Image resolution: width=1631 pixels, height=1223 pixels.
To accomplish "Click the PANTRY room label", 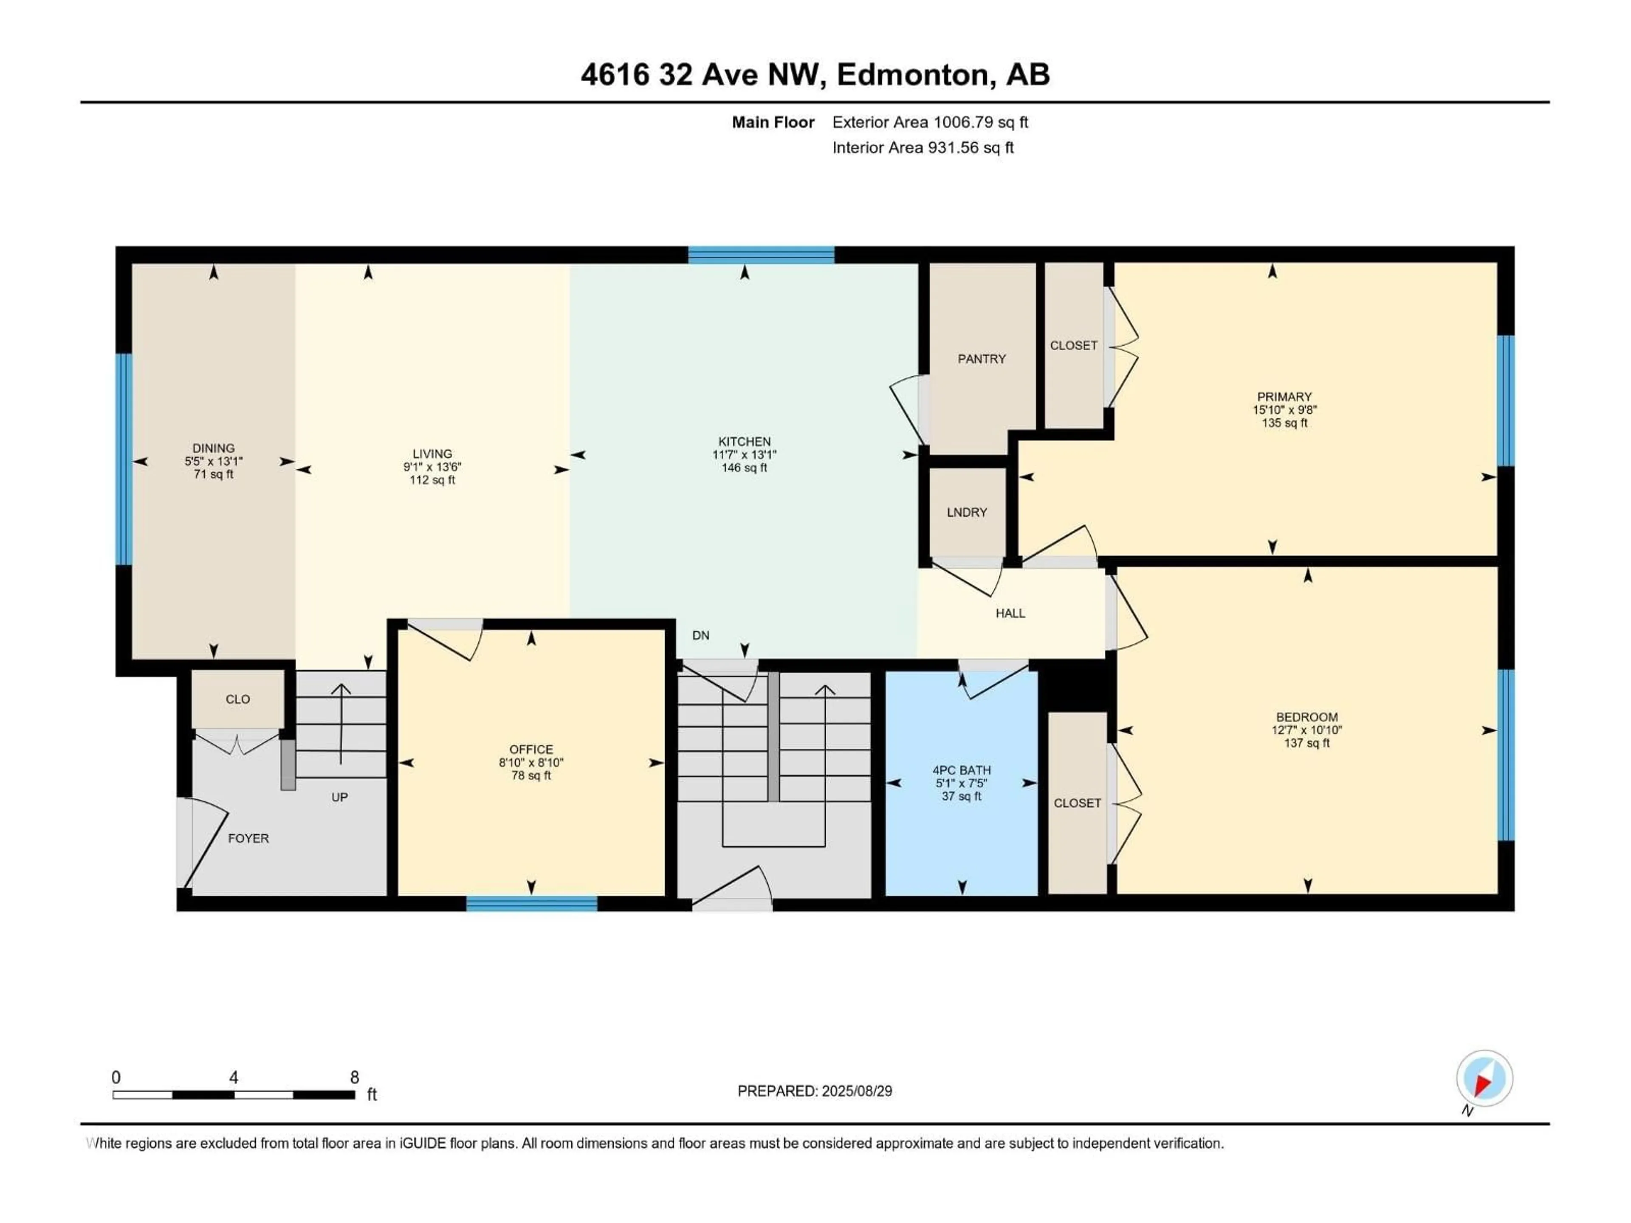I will [982, 359].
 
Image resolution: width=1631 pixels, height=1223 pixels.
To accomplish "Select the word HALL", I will [1010, 613].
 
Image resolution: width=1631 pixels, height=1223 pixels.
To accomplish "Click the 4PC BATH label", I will [962, 769].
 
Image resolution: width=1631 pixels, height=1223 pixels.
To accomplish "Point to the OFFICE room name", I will [531, 749].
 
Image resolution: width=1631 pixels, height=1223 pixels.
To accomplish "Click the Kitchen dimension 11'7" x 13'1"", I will [744, 455].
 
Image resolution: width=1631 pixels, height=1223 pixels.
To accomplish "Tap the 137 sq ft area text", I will [1306, 743].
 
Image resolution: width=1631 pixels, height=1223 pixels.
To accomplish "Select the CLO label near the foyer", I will [237, 699].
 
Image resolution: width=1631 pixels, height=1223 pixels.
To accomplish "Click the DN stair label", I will [700, 635].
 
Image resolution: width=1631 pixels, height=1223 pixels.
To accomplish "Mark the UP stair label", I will [339, 797].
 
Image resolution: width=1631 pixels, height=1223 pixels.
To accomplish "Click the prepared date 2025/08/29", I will [855, 1091].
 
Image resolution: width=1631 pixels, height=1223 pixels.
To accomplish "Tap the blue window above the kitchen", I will [761, 255].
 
